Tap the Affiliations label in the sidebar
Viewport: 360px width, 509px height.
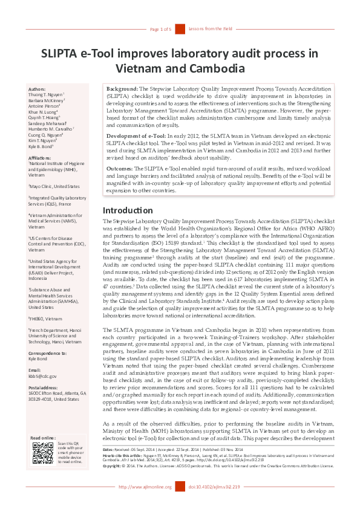(42, 158)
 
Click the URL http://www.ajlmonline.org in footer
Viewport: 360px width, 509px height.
(145, 504)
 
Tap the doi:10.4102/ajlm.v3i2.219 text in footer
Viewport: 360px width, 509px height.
(214, 504)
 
